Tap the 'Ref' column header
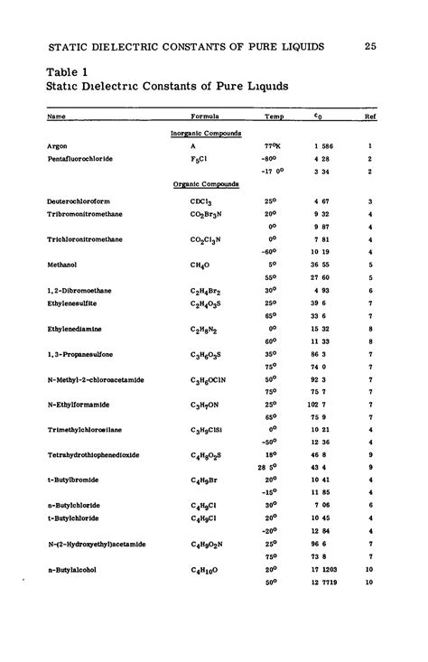coord(369,117)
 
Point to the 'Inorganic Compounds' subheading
coord(206,133)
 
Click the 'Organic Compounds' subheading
coord(206,183)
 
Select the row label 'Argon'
coord(56,145)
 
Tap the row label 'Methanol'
coord(61,266)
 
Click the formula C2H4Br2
coord(204,292)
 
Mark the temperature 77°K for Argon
coord(274,145)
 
